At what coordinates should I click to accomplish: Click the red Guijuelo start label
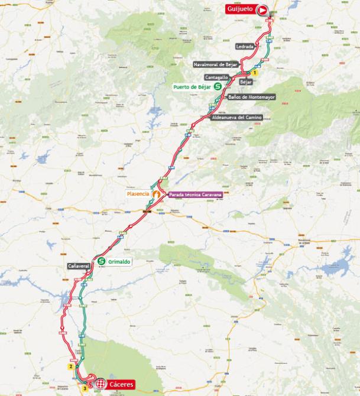point(241,9)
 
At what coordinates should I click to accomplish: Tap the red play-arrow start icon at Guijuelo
point(262,9)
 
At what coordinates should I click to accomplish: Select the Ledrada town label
point(245,46)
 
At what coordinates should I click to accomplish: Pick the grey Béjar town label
point(246,81)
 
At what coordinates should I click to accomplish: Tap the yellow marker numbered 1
point(254,73)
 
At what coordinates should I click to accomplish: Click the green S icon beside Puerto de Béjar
point(218,86)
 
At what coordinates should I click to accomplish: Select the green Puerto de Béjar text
point(192,87)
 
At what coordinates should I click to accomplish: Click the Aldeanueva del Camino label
point(237,118)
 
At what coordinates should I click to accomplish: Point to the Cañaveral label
point(79,266)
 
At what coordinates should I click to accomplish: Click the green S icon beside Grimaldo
point(102,261)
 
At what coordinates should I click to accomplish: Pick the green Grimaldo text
point(119,261)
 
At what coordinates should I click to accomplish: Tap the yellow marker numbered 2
point(70,366)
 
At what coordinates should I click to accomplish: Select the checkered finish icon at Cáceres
point(100,384)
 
